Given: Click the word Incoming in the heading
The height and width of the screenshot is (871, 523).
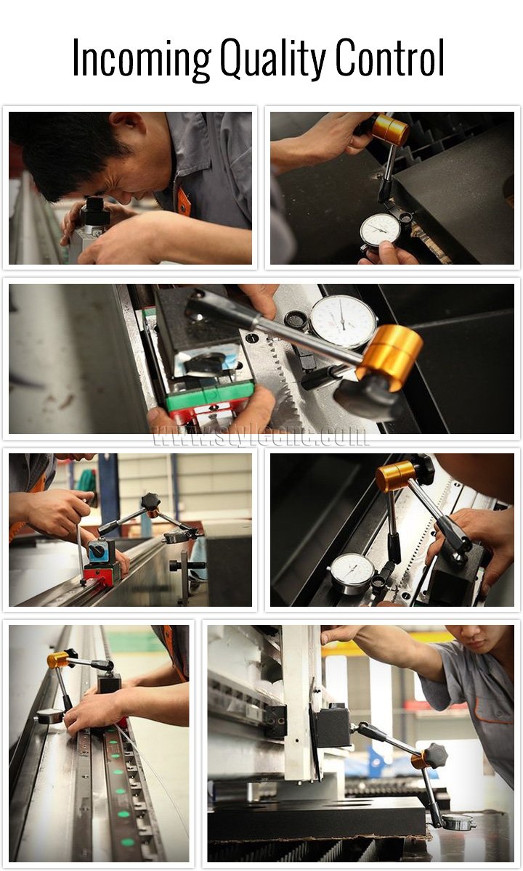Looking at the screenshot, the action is click(x=142, y=59).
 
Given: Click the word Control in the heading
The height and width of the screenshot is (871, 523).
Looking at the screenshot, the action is click(x=390, y=57).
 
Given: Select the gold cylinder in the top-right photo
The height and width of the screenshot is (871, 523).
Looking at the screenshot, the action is click(x=390, y=129).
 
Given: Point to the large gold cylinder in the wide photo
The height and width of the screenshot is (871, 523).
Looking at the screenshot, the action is click(x=390, y=356).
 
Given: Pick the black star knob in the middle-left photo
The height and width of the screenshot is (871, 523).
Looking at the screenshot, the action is click(x=150, y=502).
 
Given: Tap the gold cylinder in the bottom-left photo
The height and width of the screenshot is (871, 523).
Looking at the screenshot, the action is click(x=58, y=661).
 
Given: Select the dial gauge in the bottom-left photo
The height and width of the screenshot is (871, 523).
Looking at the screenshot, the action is click(x=50, y=716).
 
